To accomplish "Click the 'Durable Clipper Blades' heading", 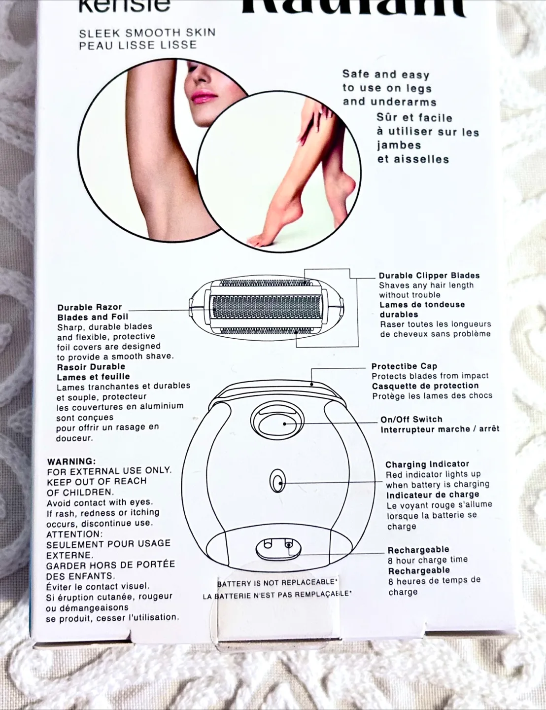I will click(x=429, y=276).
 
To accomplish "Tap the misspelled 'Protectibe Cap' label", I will click(x=404, y=366).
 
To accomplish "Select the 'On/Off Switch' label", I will click(x=411, y=419).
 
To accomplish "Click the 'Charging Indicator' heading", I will click(x=427, y=464).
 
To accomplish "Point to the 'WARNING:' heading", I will click(x=71, y=461).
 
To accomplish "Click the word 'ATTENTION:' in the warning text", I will click(x=74, y=534).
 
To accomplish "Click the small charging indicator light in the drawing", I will click(x=278, y=481).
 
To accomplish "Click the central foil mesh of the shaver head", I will click(x=266, y=307).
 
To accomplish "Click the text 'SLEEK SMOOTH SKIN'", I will click(x=147, y=33).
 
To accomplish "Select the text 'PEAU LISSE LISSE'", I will click(x=138, y=45).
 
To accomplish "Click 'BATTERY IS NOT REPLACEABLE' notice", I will click(x=277, y=583).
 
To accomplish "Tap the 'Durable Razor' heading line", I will click(x=89, y=307).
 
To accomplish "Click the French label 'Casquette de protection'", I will click(x=425, y=386).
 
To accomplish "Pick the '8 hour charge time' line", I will click(x=427, y=560).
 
